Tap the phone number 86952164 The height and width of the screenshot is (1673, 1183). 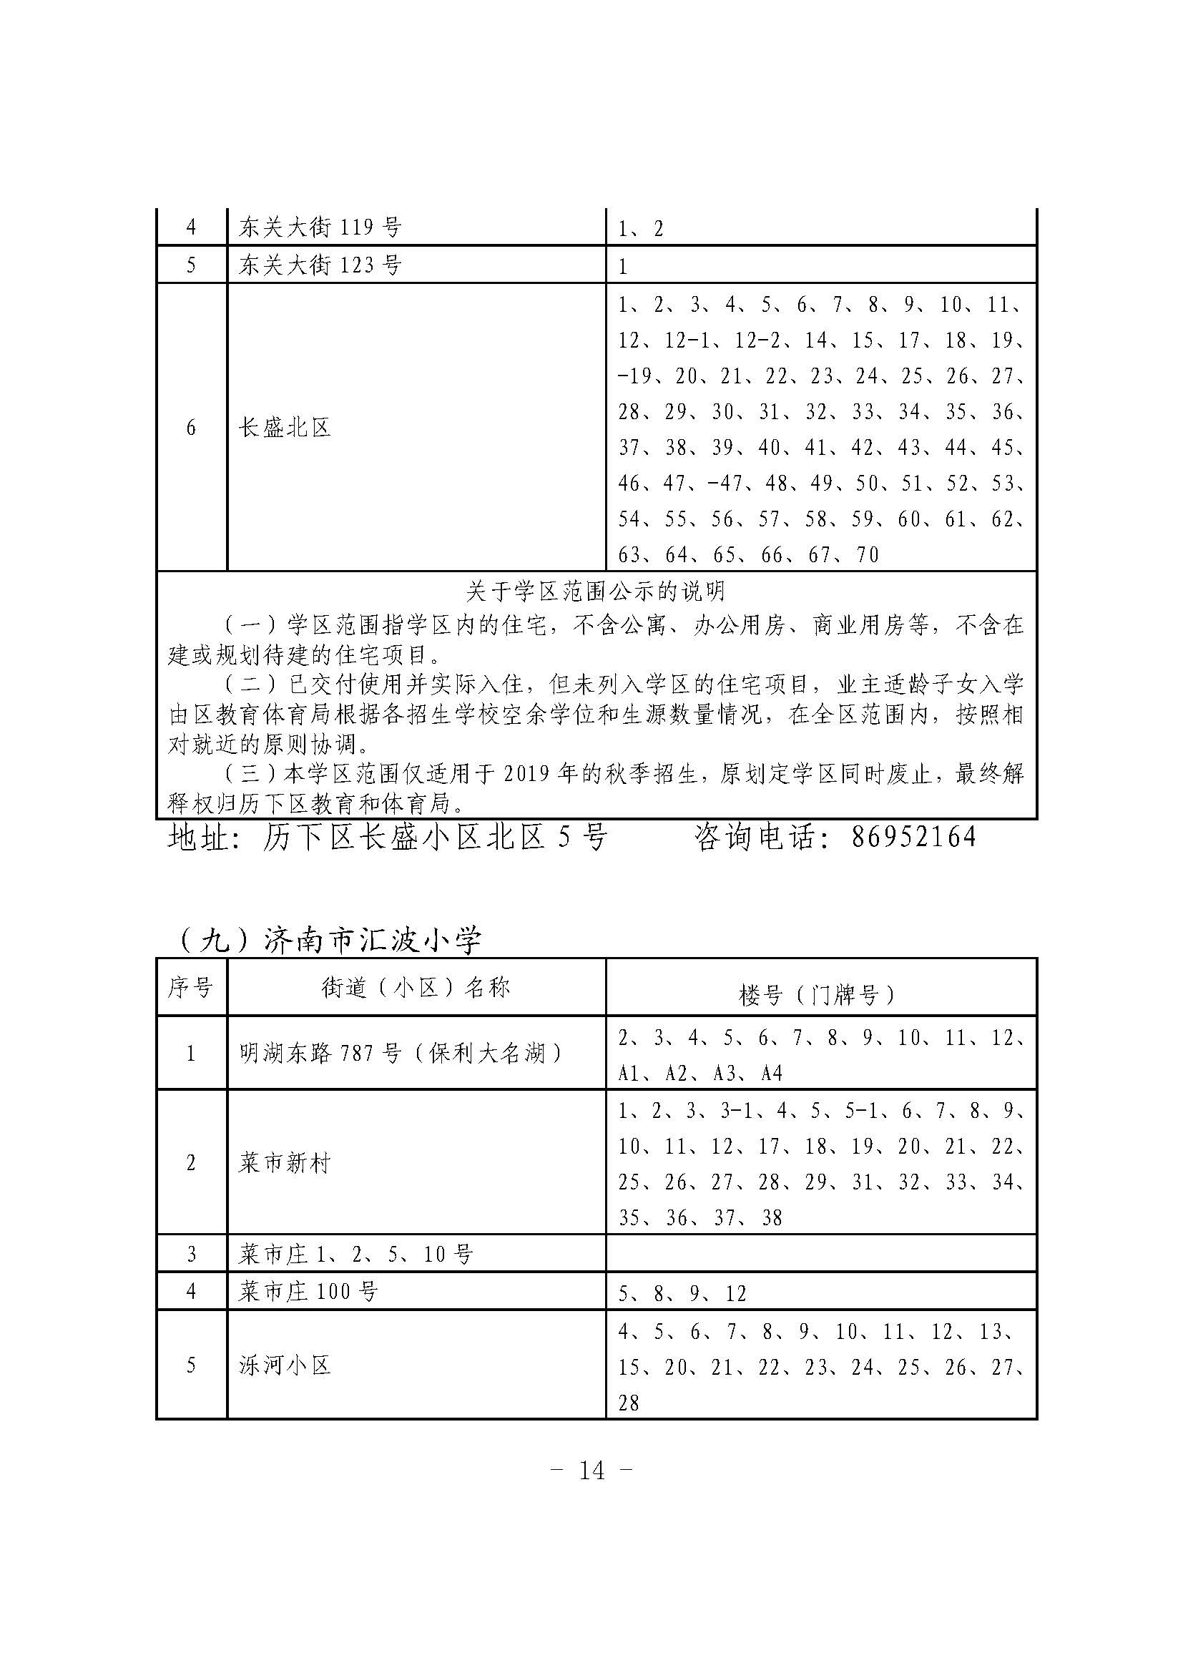(x=913, y=838)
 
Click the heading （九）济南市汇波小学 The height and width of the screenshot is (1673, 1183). (x=328, y=941)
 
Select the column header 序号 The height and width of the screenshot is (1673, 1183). (x=191, y=988)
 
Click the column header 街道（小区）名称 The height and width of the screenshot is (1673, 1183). (x=416, y=988)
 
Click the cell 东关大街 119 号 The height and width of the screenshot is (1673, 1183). (x=320, y=228)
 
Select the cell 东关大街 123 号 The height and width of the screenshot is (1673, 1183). (x=320, y=265)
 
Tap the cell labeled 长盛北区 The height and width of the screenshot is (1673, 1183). (x=285, y=428)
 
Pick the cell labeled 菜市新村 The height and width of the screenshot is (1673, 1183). (x=285, y=1163)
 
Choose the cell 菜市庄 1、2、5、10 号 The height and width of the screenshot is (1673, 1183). (x=356, y=1254)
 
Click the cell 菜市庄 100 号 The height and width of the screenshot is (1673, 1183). (x=309, y=1292)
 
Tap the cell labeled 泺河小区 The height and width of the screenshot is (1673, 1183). (x=285, y=1365)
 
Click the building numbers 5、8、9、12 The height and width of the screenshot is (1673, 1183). (x=682, y=1294)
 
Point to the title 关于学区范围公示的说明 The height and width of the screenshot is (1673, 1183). (x=596, y=591)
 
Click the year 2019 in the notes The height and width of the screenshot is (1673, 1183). (x=525, y=774)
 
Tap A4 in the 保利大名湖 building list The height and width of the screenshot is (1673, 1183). (x=772, y=1074)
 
